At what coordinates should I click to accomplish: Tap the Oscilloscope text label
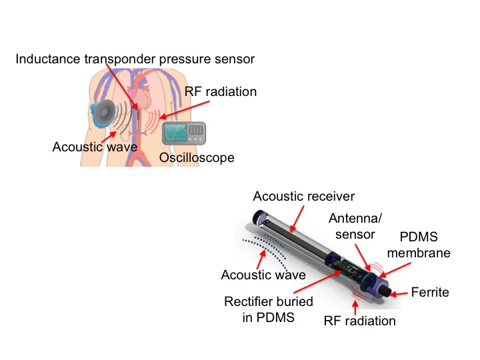click(x=197, y=158)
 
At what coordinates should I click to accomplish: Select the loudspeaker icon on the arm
click(x=105, y=114)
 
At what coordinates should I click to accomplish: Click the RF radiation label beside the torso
click(x=221, y=92)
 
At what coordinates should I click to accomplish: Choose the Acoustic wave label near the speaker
click(x=94, y=147)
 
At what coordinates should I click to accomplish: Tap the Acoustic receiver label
click(x=303, y=196)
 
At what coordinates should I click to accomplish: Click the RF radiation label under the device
click(x=359, y=321)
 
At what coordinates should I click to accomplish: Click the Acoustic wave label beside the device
click(x=263, y=275)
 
